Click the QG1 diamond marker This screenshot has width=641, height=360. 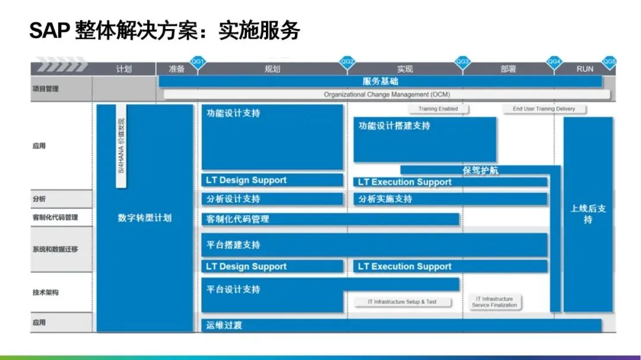click(198, 62)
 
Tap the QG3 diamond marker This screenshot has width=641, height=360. click(463, 62)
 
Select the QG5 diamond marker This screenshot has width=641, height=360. click(610, 62)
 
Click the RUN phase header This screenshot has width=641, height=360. click(585, 69)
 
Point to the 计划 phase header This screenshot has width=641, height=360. click(124, 69)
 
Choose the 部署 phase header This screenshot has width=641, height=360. click(508, 69)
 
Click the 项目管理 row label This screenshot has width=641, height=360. click(46, 89)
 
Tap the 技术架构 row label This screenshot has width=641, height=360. click(46, 292)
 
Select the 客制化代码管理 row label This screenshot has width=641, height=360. click(55, 218)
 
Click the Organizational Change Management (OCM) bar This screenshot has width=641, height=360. click(386, 94)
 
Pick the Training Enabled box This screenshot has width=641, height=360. click(438, 109)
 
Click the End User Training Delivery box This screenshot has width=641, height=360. click(544, 109)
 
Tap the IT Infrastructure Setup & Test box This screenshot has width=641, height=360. click(402, 302)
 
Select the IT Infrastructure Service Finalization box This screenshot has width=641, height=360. click(494, 302)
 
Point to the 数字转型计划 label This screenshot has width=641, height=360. click(144, 218)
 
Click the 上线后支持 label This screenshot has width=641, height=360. click(588, 214)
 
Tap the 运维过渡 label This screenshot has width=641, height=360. click(224, 326)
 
